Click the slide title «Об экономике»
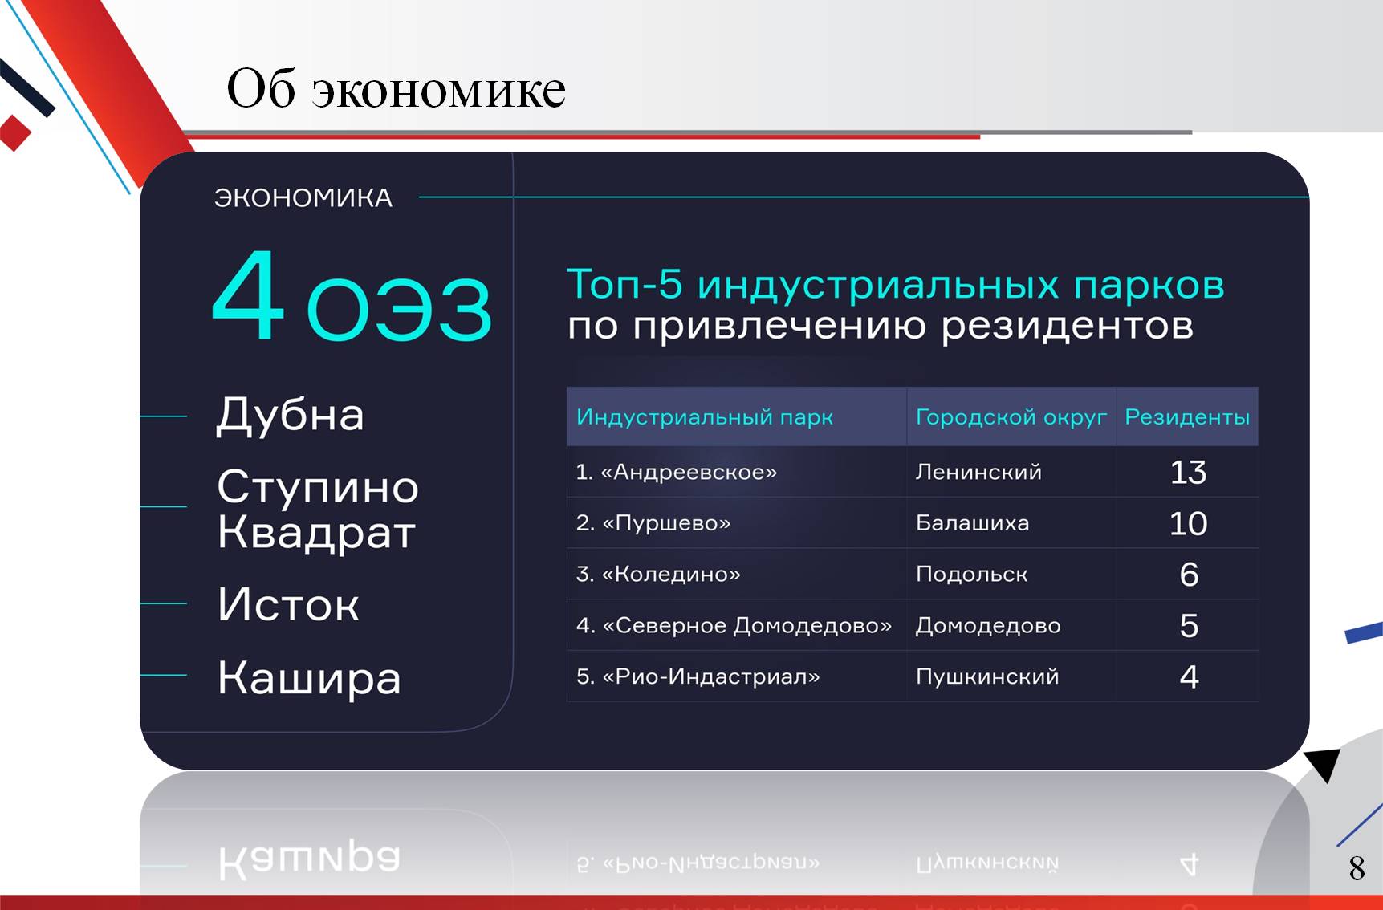click(x=397, y=88)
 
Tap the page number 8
click(x=1357, y=867)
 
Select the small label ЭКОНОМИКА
click(x=303, y=198)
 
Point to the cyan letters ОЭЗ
click(x=399, y=308)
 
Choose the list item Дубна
click(x=291, y=415)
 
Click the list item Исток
click(x=288, y=604)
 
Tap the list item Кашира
click(x=309, y=678)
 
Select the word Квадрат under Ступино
click(x=316, y=533)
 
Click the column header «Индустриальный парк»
click(x=705, y=417)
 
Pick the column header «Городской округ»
click(x=1011, y=417)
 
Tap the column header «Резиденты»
click(x=1187, y=417)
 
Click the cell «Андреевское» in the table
click(x=689, y=472)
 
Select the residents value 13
click(x=1188, y=473)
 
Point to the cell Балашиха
click(x=972, y=523)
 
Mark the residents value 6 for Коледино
click(x=1189, y=575)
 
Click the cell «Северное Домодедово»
click(x=747, y=626)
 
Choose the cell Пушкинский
click(x=987, y=676)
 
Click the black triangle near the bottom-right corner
click(x=1324, y=763)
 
